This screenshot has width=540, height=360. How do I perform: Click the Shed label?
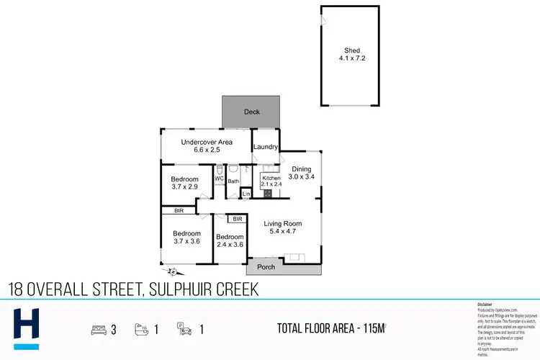pos(351,50)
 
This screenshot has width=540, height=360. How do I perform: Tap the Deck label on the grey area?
pos(251,112)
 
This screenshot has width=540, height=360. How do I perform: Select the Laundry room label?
pos(266,147)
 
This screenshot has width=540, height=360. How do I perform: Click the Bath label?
pos(233,181)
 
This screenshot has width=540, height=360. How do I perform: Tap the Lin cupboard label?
pos(246,194)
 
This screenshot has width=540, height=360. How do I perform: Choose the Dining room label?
pos(301,169)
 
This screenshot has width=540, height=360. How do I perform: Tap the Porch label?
pos(266,266)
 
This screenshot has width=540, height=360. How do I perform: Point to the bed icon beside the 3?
pos(98,330)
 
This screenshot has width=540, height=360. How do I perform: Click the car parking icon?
pos(184,330)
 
